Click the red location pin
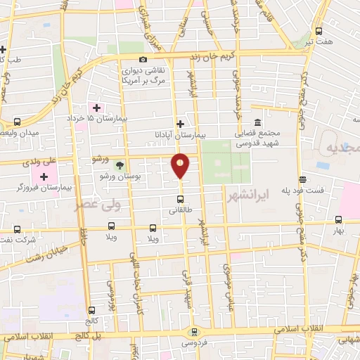pyautogui.click(x=181, y=165)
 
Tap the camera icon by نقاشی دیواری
pyautogui.click(x=143, y=60)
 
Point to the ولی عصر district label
pyautogui.click(x=98, y=205)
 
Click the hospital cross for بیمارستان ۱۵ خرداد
pyautogui.click(x=96, y=108)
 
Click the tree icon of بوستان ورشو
pyautogui.click(x=120, y=166)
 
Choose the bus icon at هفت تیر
pyautogui.click(x=319, y=31)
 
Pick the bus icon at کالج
pyautogui.click(x=91, y=310)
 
